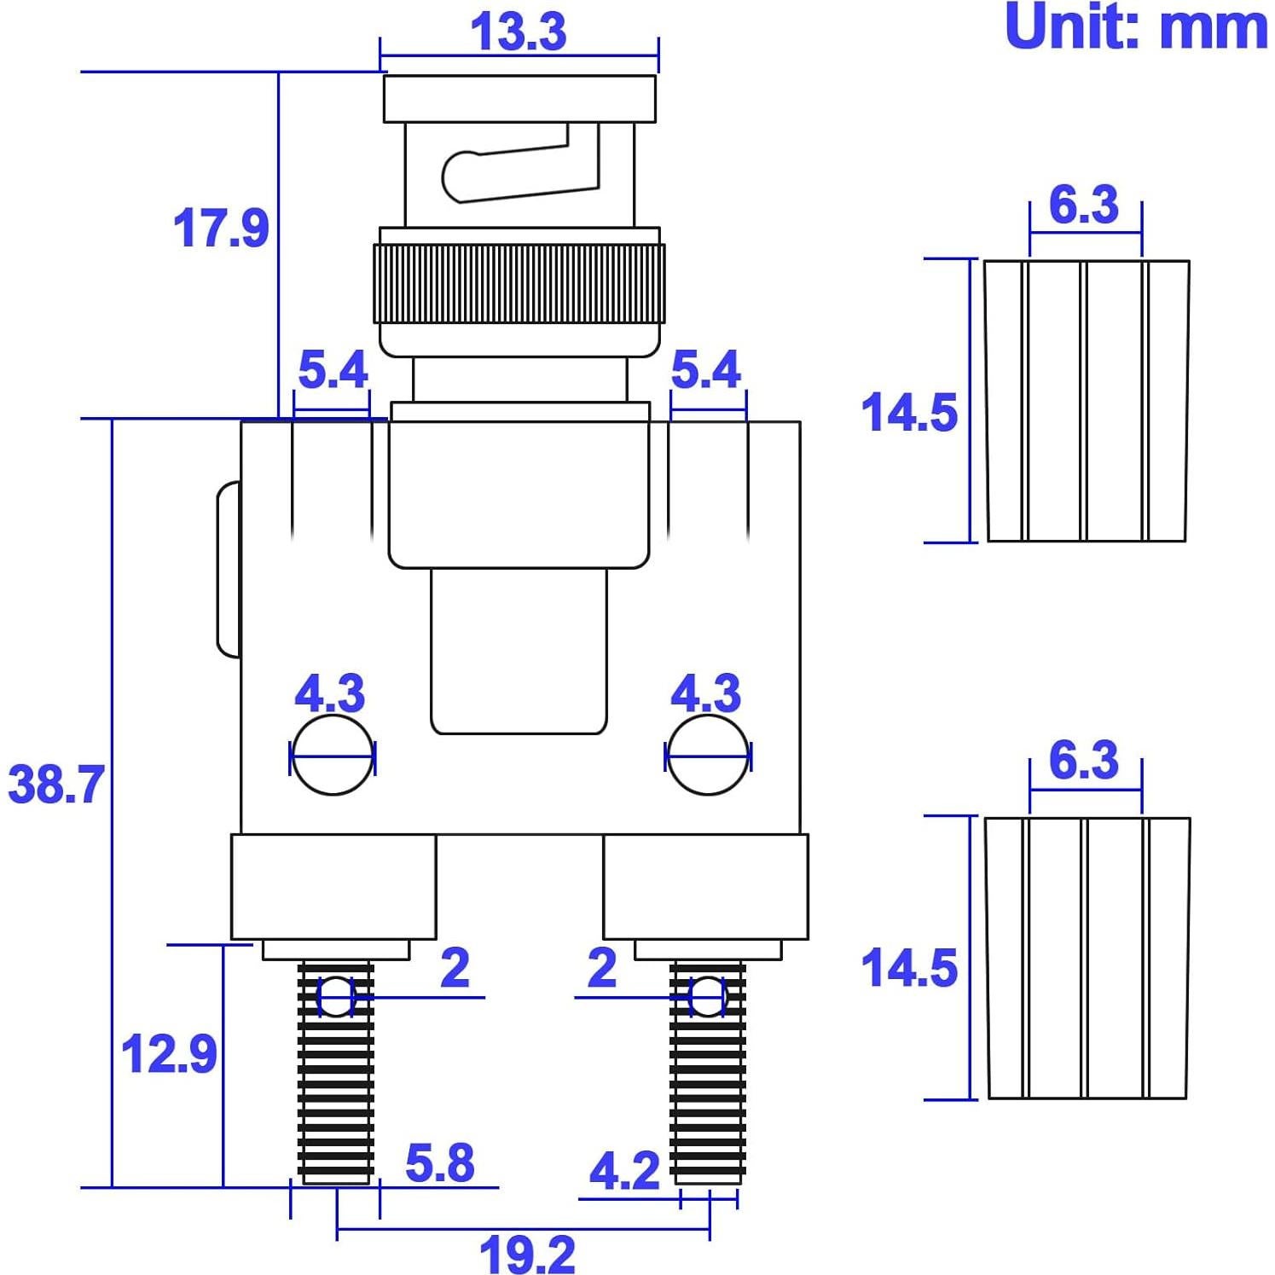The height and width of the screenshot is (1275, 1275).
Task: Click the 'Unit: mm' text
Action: tap(1136, 27)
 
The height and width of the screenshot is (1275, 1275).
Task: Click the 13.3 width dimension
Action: tap(519, 32)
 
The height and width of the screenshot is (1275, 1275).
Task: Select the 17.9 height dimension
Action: tap(221, 229)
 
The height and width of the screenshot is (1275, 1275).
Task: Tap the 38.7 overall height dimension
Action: tap(56, 785)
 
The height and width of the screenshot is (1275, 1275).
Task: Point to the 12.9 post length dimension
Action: tap(170, 1054)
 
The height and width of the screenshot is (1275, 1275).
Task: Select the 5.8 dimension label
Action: tap(439, 1162)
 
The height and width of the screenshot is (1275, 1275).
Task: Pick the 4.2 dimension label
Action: tap(624, 1171)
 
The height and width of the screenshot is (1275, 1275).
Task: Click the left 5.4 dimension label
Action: tap(333, 369)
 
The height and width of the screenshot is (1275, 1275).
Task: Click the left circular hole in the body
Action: tap(333, 756)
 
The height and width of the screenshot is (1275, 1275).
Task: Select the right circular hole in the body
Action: tap(708, 756)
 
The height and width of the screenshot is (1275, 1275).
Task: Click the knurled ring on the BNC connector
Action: tap(519, 283)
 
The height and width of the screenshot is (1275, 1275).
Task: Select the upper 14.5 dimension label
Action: tap(909, 413)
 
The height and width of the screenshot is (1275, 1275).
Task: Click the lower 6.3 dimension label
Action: tap(1083, 760)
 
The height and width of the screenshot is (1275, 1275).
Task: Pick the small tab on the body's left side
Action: tap(228, 570)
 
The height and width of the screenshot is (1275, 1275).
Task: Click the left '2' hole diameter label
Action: tap(455, 968)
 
